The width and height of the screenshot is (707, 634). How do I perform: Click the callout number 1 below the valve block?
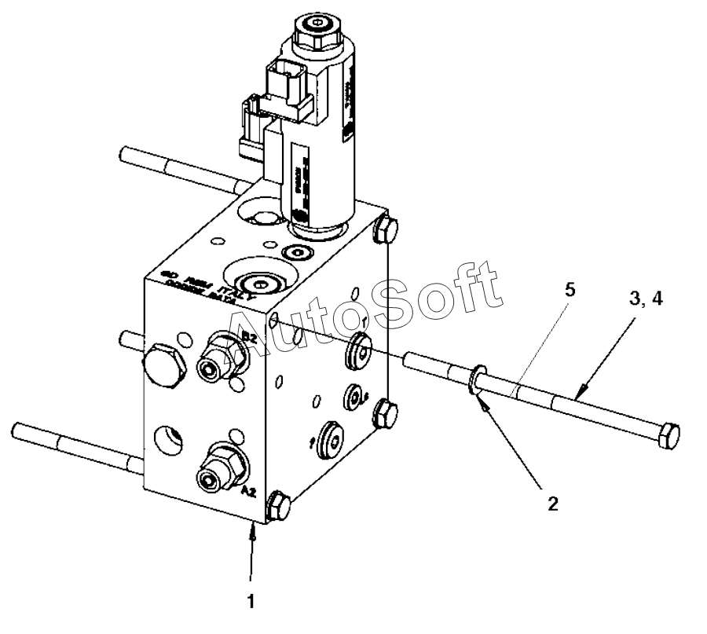tap(251, 603)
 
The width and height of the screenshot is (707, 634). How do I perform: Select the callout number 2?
tap(553, 504)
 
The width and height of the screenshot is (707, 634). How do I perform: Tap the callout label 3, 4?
tap(645, 299)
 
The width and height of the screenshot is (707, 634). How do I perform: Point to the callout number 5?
tap(570, 289)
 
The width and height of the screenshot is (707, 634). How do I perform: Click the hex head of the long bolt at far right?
tap(668, 435)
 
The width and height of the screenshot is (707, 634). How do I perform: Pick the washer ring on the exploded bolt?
tap(475, 379)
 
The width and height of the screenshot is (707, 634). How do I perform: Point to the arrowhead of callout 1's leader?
tap(252, 533)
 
